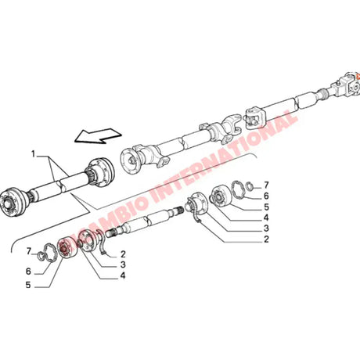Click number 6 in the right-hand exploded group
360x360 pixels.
point(266,195)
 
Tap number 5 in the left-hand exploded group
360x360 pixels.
point(30,286)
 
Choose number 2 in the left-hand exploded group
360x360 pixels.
point(123,254)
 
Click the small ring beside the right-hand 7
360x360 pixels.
point(247,185)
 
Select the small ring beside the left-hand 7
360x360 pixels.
point(48,251)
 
